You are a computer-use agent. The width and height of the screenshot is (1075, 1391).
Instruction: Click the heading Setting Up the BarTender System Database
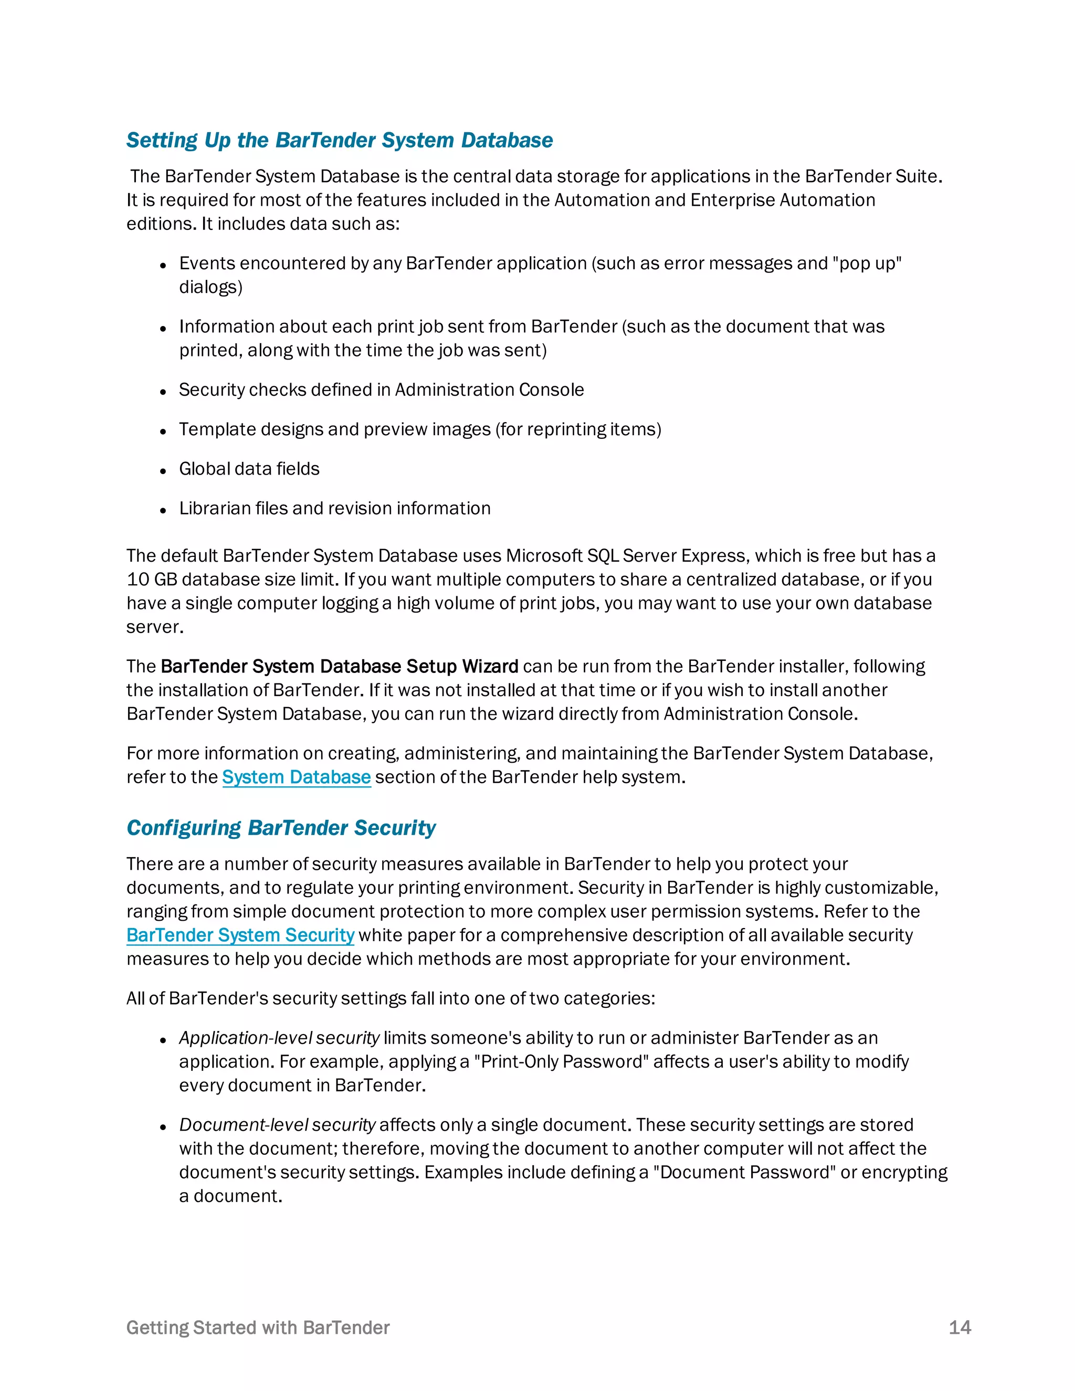[x=340, y=140]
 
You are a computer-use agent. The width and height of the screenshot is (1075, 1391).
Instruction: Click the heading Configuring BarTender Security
[x=281, y=827]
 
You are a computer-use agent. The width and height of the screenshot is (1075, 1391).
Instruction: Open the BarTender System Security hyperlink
[x=240, y=935]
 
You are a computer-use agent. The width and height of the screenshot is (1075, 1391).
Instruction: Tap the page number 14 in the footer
[x=959, y=1327]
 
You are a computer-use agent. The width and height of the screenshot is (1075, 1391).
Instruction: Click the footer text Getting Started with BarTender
[x=258, y=1327]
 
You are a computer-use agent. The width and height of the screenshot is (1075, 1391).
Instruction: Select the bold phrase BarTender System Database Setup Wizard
[x=340, y=666]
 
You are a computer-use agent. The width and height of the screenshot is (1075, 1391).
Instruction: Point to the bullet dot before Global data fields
[x=163, y=471]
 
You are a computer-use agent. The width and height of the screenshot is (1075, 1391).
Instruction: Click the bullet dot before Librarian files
[x=163, y=511]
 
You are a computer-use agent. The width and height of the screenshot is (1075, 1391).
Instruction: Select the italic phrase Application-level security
[x=279, y=1038]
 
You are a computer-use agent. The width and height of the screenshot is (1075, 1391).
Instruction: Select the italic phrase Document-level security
[x=277, y=1125]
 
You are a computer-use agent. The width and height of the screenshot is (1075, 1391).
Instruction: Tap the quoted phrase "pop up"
[x=867, y=263]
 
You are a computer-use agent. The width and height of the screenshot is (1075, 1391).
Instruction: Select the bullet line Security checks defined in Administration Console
[x=381, y=390]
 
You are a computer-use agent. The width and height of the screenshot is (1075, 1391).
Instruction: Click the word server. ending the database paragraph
[x=155, y=627]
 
